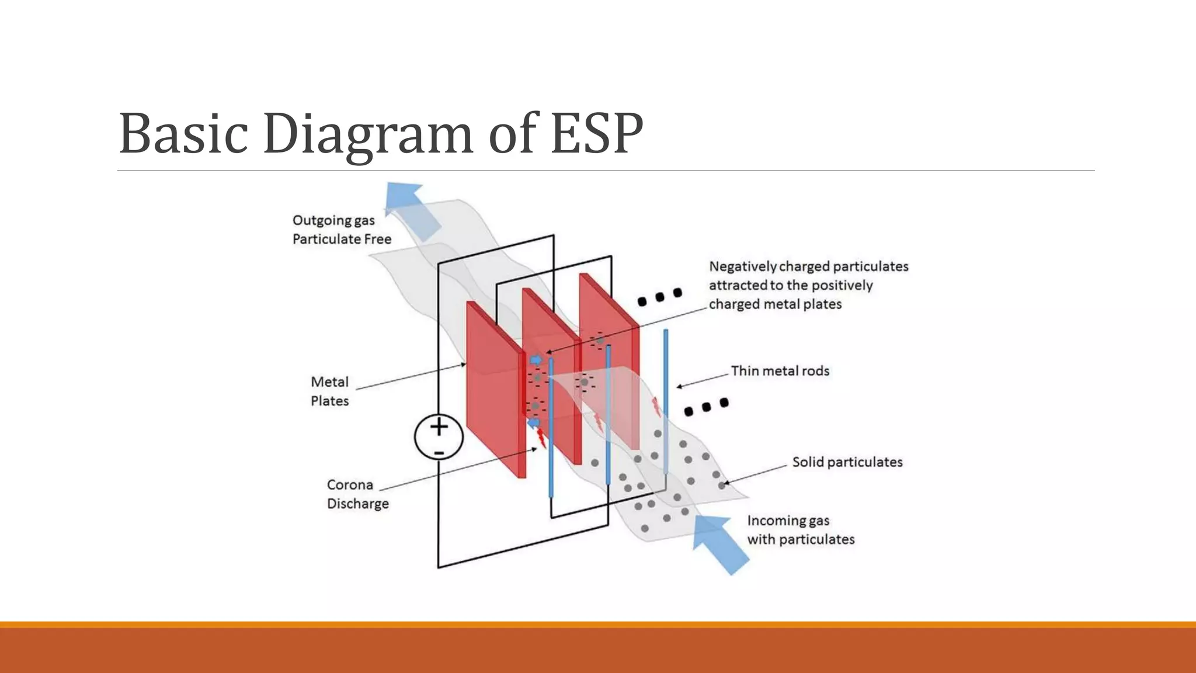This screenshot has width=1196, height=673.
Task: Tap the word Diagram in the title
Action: (x=368, y=134)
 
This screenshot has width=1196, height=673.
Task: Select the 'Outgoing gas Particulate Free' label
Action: (x=342, y=230)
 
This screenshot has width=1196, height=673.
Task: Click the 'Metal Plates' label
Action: (x=330, y=391)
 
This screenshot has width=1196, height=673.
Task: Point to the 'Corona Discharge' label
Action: (x=357, y=494)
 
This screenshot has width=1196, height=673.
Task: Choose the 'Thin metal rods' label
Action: (x=780, y=371)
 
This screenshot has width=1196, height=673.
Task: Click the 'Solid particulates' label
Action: (x=847, y=462)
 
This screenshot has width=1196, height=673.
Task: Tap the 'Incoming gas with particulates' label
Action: (x=800, y=530)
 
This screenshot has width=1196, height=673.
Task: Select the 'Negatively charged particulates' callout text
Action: (x=808, y=285)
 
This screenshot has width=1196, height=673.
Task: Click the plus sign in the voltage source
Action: (x=439, y=427)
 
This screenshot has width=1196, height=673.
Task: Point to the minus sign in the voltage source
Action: (x=439, y=453)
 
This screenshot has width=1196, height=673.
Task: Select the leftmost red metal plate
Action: (x=493, y=388)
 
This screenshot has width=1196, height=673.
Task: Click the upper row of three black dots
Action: (x=660, y=297)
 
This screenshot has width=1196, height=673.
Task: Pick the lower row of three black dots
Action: (x=707, y=407)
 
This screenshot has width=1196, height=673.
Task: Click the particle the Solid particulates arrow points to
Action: (x=722, y=485)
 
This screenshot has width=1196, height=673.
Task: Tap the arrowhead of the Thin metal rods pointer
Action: (x=679, y=386)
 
